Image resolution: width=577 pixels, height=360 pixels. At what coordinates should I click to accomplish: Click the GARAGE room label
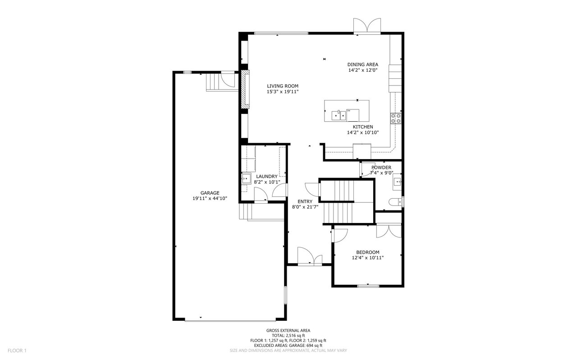tap(210, 193)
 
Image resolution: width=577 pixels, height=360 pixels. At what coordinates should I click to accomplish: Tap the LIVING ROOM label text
tap(282, 86)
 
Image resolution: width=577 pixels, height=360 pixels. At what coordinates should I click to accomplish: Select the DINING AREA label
tap(362, 64)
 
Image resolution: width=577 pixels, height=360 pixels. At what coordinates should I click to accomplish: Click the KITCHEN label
tap(362, 127)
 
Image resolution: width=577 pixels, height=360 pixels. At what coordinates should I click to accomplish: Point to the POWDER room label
tap(381, 168)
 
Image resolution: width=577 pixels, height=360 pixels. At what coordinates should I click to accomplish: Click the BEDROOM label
tap(367, 252)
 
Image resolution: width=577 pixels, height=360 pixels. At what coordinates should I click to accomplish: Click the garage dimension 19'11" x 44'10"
tap(210, 198)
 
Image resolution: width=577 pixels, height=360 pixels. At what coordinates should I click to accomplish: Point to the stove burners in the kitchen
tap(396, 118)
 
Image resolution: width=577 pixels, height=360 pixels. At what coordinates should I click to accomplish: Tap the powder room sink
tap(397, 182)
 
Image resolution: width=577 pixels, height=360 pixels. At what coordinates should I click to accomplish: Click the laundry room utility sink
tap(246, 179)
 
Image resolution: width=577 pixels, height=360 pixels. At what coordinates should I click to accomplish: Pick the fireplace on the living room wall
tap(245, 89)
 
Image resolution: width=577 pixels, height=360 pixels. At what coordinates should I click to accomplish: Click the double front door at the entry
tap(310, 257)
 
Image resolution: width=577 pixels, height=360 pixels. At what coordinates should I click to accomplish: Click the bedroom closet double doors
tap(389, 230)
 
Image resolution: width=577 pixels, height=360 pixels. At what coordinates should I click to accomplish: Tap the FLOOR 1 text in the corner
tap(17, 351)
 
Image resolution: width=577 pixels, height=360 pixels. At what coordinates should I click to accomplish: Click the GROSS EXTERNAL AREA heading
tap(288, 330)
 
